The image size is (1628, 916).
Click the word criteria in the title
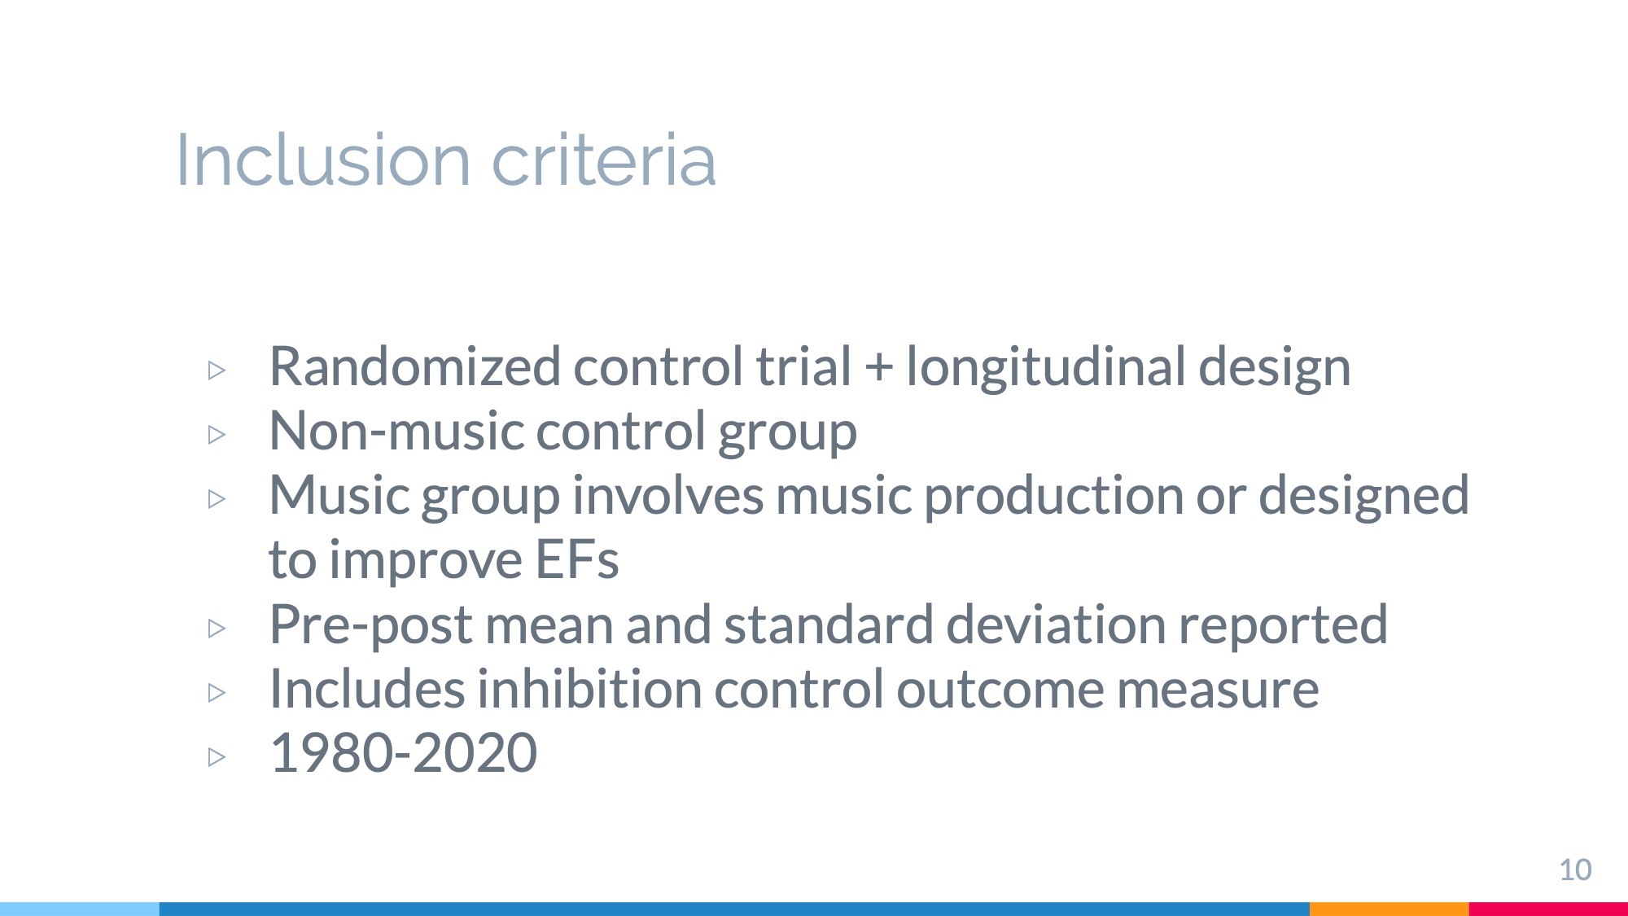click(604, 160)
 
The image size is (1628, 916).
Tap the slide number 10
click(1575, 870)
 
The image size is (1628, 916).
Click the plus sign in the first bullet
click(878, 367)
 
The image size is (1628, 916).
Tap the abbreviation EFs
click(577, 560)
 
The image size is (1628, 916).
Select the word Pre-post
click(371, 625)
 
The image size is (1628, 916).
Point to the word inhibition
click(589, 689)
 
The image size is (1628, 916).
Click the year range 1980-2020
click(403, 752)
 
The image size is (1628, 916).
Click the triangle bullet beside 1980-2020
click(217, 757)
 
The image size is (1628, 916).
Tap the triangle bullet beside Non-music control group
click(217, 435)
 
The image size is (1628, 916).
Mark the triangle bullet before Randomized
click(217, 370)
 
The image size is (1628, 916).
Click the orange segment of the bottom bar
click(1389, 909)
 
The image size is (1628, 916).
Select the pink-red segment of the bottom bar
click(1548, 909)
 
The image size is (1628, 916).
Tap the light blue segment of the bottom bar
click(80, 909)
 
